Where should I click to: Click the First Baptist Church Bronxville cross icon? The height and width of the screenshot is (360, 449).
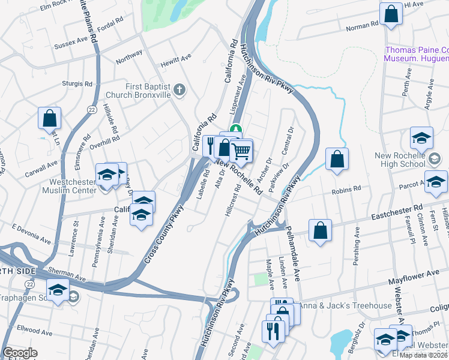tap(179, 91)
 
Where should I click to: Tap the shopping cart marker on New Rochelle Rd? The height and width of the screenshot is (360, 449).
tap(241, 151)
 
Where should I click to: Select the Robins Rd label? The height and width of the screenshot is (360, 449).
tap(348, 189)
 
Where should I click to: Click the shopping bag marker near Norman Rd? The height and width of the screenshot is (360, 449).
tap(391, 15)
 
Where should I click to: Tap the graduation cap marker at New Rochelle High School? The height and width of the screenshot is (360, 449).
tap(421, 138)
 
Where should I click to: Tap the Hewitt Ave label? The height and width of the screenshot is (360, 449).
tap(175, 61)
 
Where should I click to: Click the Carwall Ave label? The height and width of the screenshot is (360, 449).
tap(42, 163)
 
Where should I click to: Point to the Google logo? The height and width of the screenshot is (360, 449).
tap(20, 353)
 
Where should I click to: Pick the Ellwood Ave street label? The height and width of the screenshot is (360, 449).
tap(35, 331)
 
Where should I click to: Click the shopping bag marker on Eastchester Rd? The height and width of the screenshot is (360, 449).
tap(321, 231)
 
